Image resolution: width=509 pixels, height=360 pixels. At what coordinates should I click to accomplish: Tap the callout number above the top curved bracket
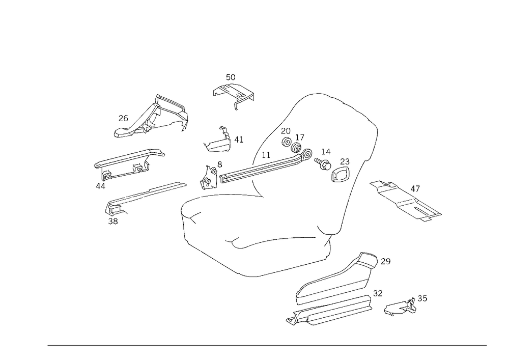coord(230,77)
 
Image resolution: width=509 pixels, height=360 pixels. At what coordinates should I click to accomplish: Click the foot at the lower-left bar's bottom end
coord(112,219)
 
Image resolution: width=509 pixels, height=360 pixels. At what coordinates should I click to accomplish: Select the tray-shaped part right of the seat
coord(407,200)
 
